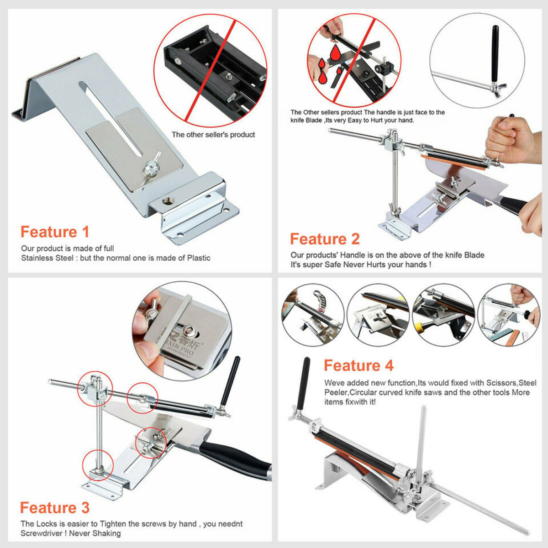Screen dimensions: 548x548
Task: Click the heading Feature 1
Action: [x=55, y=232]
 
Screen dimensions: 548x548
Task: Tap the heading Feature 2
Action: [x=325, y=239]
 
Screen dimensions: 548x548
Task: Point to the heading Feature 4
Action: [x=359, y=365]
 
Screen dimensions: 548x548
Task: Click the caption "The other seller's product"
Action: [x=213, y=135]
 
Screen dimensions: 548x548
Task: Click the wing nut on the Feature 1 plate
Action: [x=152, y=164]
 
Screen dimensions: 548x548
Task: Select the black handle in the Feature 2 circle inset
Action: [x=495, y=54]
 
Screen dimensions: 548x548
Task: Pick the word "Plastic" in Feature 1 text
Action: [x=199, y=258]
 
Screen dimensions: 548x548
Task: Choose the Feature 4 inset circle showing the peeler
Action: [x=313, y=315]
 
